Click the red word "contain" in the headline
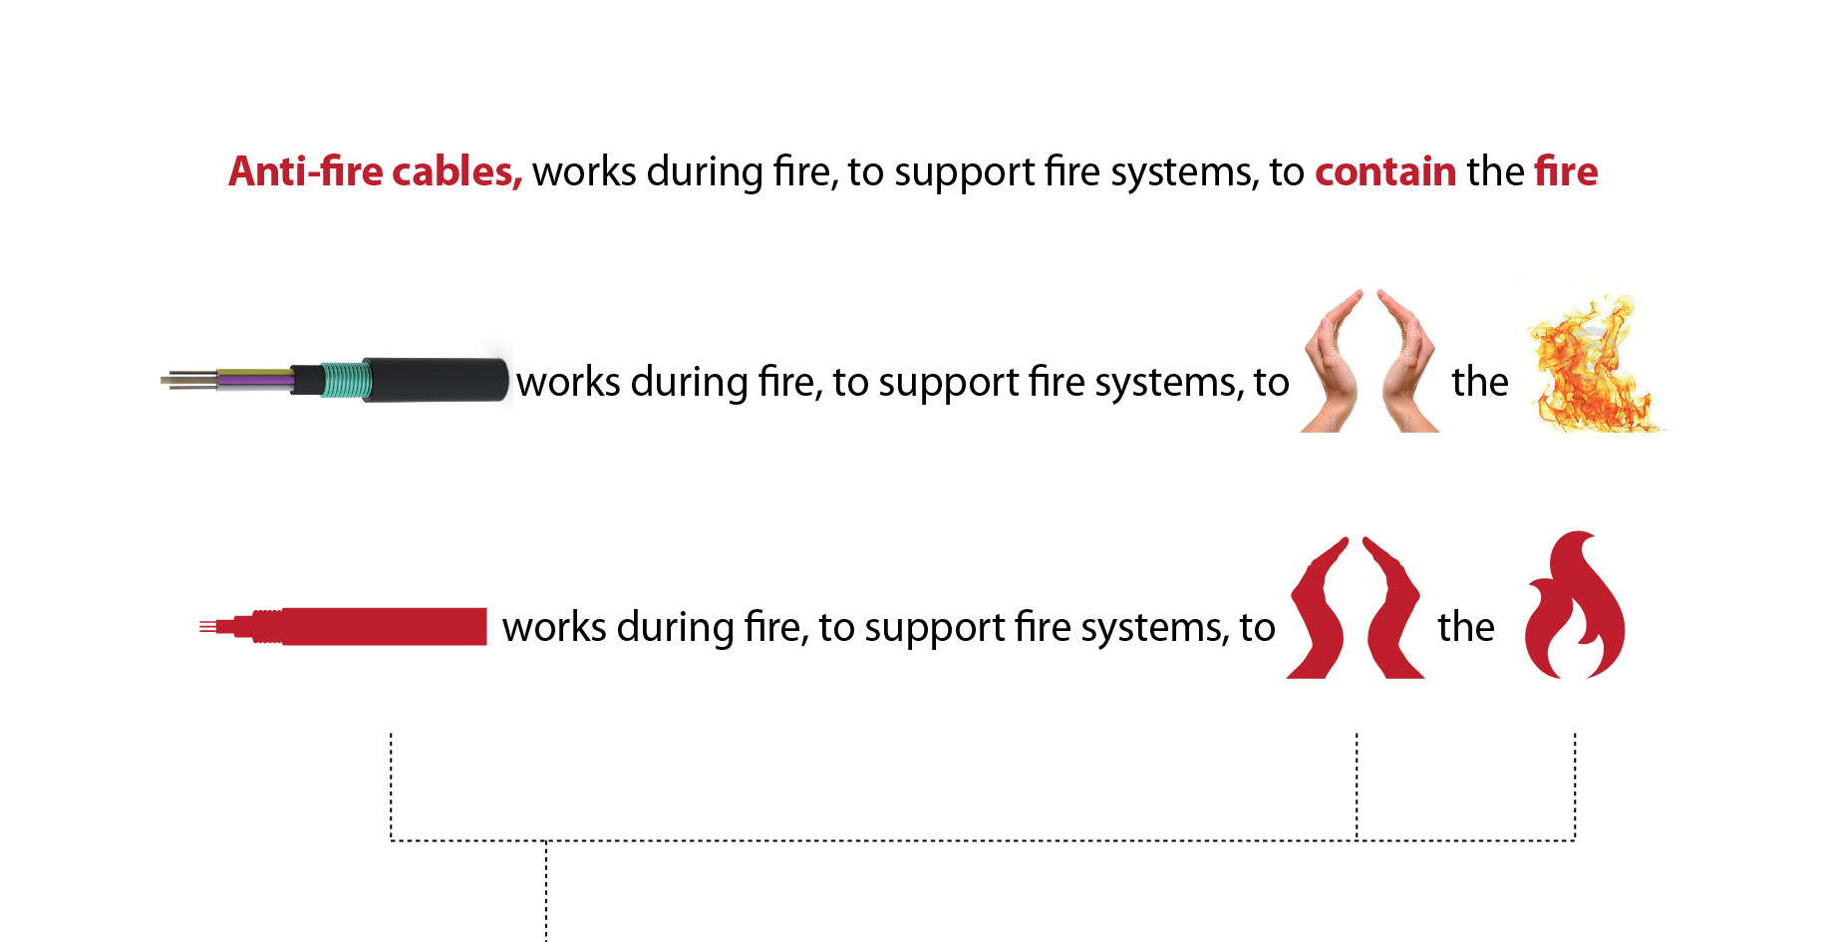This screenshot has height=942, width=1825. pos(1385,171)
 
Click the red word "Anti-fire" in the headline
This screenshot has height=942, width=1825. pos(305,171)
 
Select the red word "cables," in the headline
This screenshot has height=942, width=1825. pos(456,171)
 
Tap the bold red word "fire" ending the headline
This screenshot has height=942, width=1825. pos(1566,171)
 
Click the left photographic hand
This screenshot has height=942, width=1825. pos(1333,364)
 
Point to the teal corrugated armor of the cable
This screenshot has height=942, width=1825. pos(347,380)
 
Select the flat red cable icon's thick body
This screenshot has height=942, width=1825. pos(384,626)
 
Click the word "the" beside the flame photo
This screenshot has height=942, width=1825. pos(1479,382)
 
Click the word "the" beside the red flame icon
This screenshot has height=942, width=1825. pos(1465,627)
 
